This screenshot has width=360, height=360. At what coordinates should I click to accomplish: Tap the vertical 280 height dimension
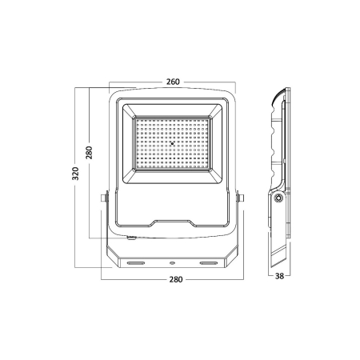coord(91,152)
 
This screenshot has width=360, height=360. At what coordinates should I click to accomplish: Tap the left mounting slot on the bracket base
coord(133,260)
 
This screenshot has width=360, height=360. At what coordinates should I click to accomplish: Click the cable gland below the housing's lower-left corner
coord(131,237)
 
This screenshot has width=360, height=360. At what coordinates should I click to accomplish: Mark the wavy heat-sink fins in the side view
coord(279,144)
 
